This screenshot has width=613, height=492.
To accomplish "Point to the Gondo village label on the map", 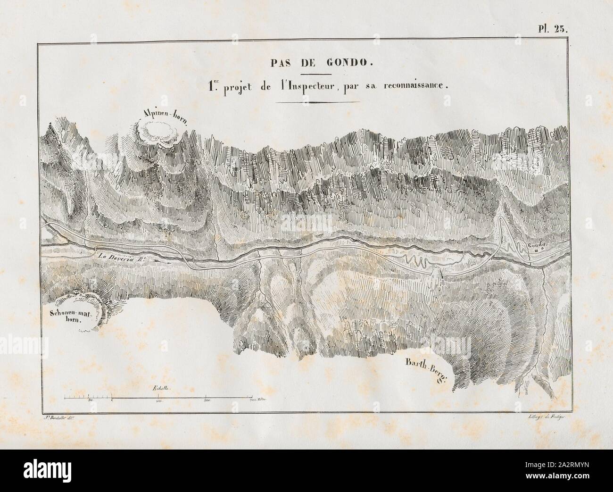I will click(x=537, y=245).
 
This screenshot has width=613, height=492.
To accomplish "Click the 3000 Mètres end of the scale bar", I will click(x=257, y=400).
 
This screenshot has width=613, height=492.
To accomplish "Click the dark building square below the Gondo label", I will click(x=538, y=251).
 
